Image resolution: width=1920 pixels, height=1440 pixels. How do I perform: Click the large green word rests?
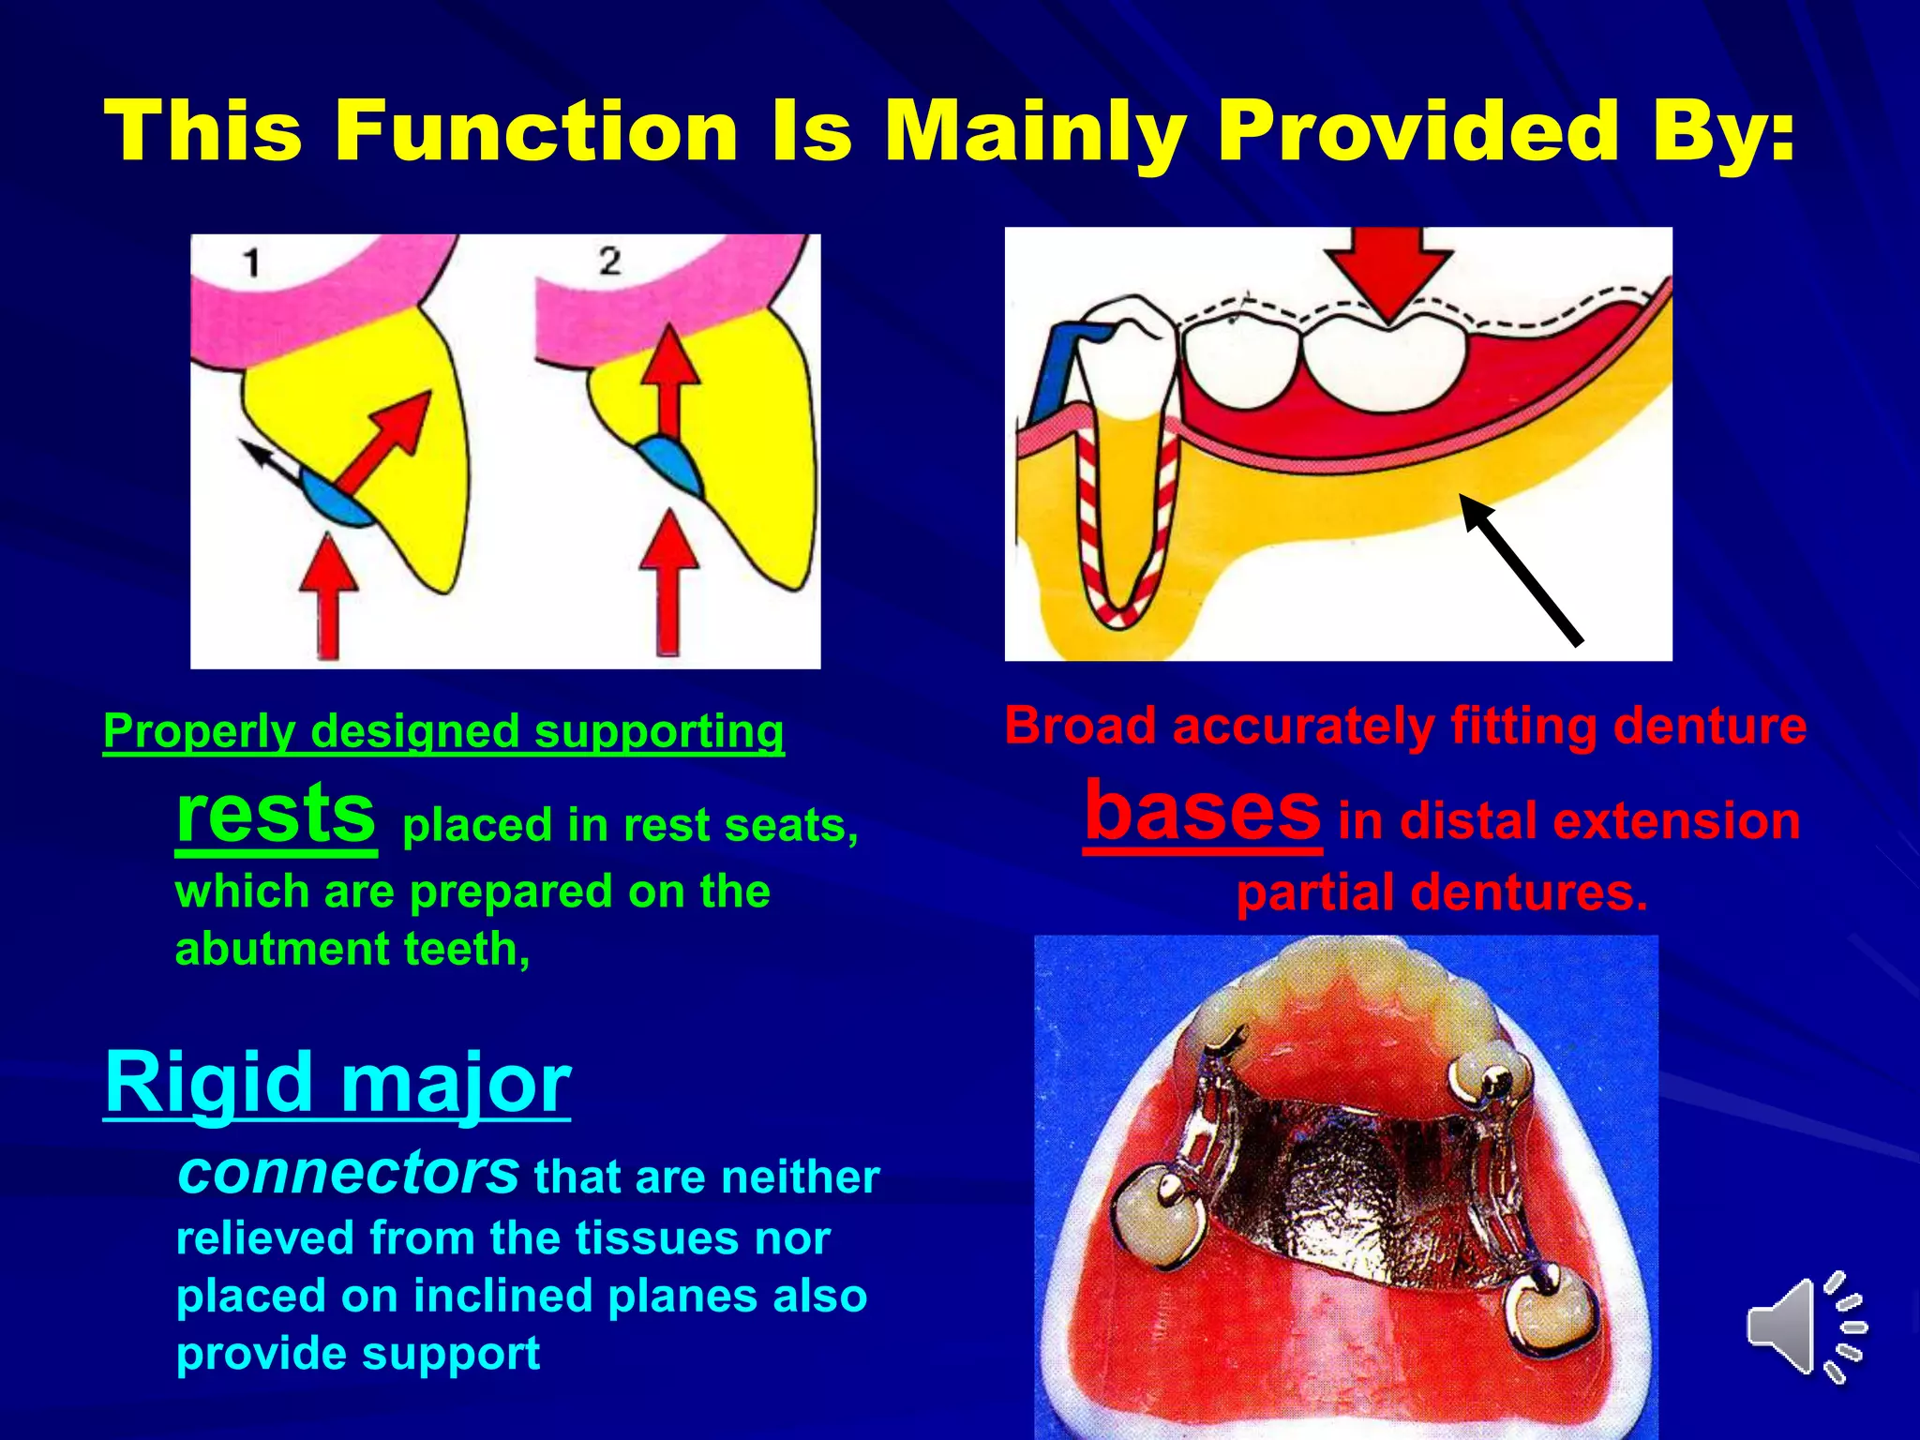276,815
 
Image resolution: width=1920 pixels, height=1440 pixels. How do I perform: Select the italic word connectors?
348,1173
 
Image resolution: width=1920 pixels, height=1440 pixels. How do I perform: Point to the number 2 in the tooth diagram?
609,261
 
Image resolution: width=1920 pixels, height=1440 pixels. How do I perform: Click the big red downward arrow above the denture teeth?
1389,271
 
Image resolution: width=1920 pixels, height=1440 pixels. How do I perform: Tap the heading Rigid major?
337,1082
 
